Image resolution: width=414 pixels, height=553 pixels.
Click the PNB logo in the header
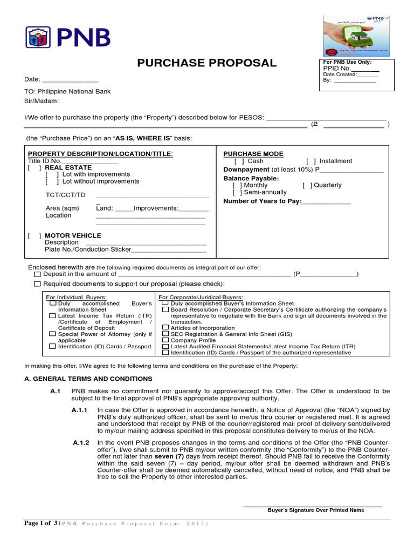click(68, 37)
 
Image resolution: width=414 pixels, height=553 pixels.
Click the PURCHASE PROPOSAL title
click(206, 63)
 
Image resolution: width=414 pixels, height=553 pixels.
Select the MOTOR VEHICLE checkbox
click(35, 235)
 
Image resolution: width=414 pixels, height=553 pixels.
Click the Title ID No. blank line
click(89, 162)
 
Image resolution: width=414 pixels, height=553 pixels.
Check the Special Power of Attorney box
click(52, 334)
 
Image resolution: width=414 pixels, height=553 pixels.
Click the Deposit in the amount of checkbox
click(37, 274)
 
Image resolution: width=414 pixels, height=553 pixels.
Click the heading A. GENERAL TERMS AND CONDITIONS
click(88, 379)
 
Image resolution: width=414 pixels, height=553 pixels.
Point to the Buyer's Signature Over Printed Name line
click(312, 505)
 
